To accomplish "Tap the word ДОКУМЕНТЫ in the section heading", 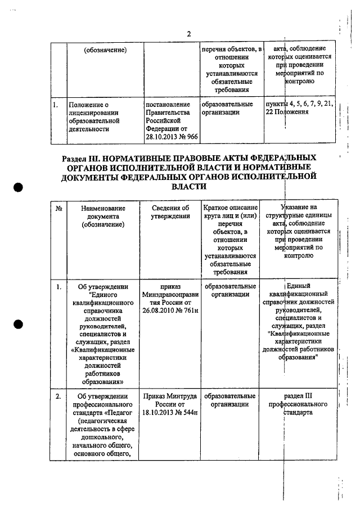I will pyautogui.click(x=89, y=177).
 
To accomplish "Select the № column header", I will pyautogui.click(x=59, y=208).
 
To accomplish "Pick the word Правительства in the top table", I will pyautogui.click(x=168, y=112).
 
